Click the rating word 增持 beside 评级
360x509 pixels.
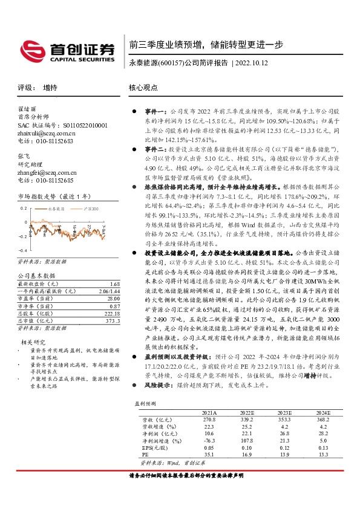tap(50, 87)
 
